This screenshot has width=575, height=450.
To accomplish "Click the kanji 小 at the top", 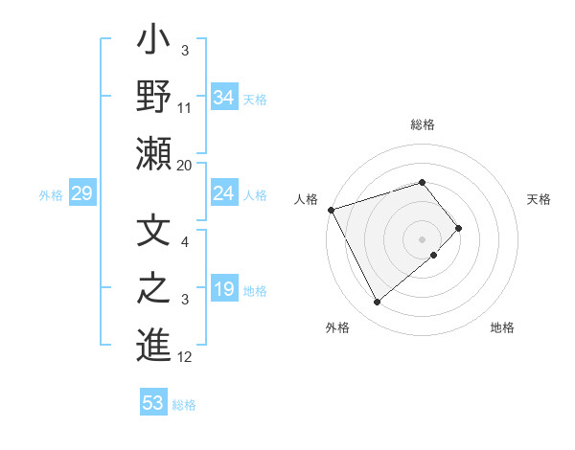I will click(x=153, y=42).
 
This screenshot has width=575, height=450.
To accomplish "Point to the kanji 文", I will click(x=153, y=233).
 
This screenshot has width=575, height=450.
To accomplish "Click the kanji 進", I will click(x=153, y=345).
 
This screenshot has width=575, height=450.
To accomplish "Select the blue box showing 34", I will click(x=224, y=97).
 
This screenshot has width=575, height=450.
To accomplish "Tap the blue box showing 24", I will click(x=224, y=194).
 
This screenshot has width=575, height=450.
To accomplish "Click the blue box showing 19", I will click(x=224, y=290).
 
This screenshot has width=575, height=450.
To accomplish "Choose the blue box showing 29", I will click(x=81, y=194).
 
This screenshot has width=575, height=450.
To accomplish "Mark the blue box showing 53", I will click(x=153, y=403).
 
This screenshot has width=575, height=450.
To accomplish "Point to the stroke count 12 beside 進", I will click(x=186, y=357).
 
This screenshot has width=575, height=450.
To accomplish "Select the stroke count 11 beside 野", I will click(x=185, y=108).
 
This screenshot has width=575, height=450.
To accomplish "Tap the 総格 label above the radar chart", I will click(x=423, y=125).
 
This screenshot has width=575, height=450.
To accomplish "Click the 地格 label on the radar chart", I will click(x=502, y=327).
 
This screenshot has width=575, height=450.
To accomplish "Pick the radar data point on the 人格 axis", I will click(x=331, y=209).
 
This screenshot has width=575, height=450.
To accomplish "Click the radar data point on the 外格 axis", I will click(x=378, y=303).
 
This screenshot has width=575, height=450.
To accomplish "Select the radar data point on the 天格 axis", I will click(x=459, y=228).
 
